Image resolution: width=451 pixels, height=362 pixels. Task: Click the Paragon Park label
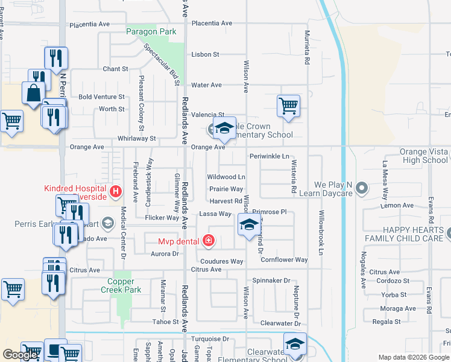pos(151,32)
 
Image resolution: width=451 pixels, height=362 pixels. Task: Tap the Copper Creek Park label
pos(124,285)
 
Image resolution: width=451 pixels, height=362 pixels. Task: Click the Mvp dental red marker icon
pos(209,241)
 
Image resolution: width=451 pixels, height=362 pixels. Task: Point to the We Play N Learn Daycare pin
pos(362,189)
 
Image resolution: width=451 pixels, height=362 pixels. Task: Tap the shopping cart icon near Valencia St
pos(288,106)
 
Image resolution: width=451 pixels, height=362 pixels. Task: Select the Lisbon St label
pos(205,54)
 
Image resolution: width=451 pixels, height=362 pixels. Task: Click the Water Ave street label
pos(207,85)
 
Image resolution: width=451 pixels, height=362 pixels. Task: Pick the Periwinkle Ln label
pos(270,156)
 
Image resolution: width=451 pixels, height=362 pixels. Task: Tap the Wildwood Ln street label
pos(226,177)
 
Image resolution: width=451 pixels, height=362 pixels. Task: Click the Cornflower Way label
pos(284,260)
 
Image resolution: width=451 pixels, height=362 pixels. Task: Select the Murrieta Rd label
pos(307,48)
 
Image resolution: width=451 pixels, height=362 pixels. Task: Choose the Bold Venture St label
pos(101,97)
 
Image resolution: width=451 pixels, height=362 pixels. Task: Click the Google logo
pos(20,355)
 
